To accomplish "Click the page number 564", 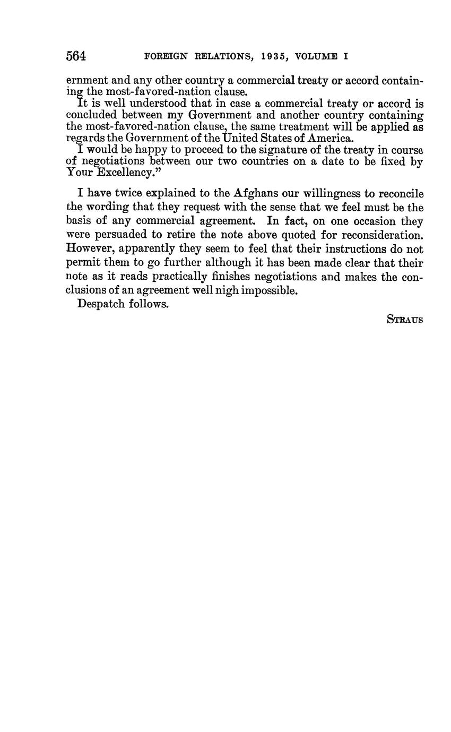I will [76, 56].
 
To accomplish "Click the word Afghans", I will [256, 194].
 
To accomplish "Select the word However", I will [90, 249].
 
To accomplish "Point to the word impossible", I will [270, 290].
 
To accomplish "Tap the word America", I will [328, 139].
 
